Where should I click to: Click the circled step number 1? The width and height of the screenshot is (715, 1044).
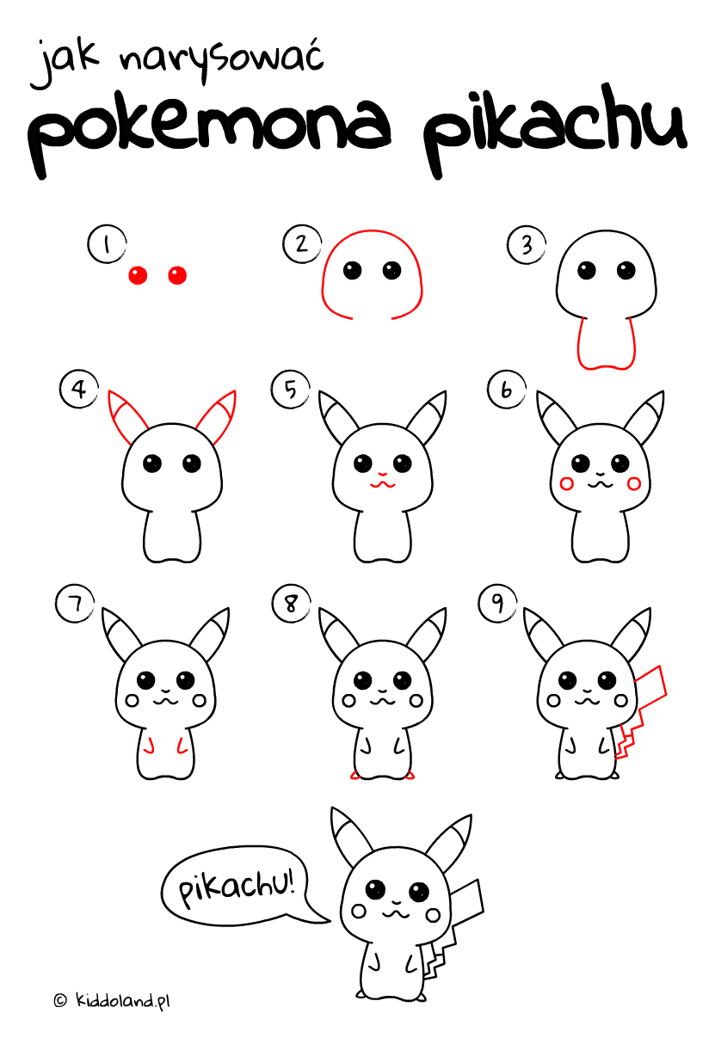tap(107, 244)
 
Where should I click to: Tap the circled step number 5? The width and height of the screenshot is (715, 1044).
tap(291, 390)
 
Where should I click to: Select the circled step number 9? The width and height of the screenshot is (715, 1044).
tap(497, 604)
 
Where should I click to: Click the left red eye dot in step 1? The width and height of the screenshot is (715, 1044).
tap(138, 275)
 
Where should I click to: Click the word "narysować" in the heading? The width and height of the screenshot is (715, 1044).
tap(221, 58)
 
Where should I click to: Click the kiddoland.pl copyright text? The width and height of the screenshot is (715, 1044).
tap(112, 1001)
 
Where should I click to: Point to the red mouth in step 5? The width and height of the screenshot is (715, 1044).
tap(383, 486)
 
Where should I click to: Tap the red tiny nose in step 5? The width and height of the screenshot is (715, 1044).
tap(383, 475)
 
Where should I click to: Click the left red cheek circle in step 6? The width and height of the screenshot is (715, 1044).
tap(566, 484)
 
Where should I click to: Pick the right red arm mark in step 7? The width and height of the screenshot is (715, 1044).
tap(182, 746)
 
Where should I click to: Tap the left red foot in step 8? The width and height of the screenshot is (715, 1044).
tap(355, 776)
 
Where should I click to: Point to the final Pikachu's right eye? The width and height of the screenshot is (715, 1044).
tap(418, 892)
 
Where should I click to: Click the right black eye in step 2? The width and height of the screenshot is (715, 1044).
tap(391, 270)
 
